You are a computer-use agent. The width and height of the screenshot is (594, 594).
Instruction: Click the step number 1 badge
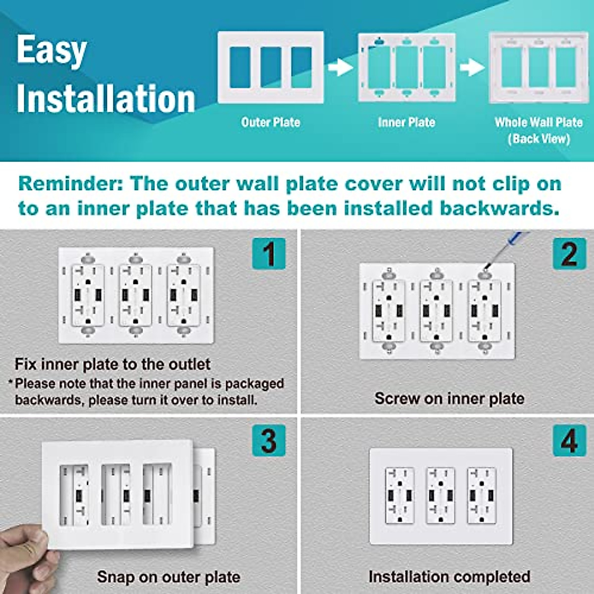point(269,253)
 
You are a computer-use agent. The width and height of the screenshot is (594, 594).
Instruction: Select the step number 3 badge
point(269,440)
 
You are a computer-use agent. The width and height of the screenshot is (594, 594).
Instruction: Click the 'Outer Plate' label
point(270,122)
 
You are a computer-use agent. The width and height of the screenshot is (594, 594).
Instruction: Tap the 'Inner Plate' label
point(406,122)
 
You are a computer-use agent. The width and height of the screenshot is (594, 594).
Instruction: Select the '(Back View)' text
point(539,139)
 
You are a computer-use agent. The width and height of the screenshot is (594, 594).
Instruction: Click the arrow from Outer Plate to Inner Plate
point(341,67)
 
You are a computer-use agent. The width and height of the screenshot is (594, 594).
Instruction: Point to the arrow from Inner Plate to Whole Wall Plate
point(472,67)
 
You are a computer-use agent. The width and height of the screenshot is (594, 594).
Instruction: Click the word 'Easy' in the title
point(51,50)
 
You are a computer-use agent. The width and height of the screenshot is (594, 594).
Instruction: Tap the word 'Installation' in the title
point(106,99)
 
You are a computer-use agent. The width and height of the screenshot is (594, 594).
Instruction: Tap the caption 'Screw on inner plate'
point(449,398)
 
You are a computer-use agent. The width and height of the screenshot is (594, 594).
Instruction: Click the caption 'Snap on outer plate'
point(168,577)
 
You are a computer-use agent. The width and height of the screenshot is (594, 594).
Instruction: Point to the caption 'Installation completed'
point(449,577)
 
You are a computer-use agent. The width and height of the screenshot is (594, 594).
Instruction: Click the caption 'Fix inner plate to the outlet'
point(112,364)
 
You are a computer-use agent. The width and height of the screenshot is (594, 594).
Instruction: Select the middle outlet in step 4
point(441,495)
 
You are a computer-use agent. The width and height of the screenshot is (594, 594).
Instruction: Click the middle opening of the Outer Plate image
point(271,67)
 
